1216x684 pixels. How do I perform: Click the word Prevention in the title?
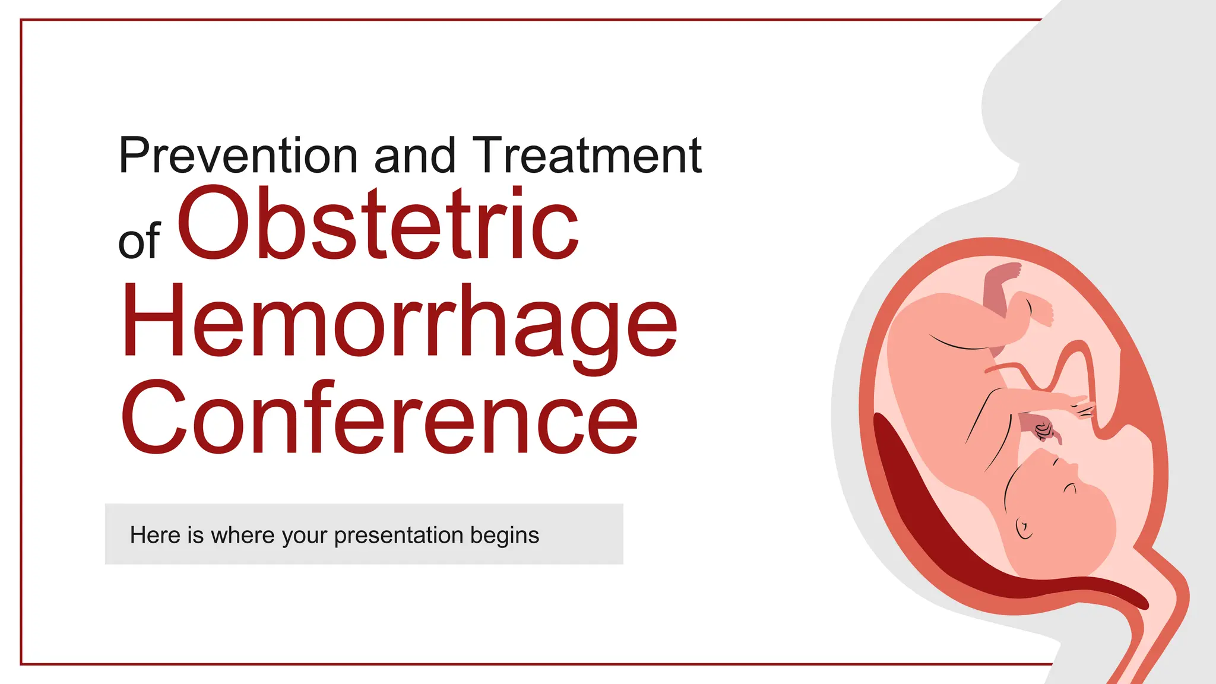pos(237,156)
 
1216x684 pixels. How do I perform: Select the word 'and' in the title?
pos(414,156)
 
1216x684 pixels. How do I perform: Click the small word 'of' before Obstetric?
pos(139,241)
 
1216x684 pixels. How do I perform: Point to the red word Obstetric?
pos(378,224)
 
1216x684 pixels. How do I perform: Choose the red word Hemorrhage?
pos(399,324)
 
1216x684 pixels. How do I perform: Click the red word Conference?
pos(380,419)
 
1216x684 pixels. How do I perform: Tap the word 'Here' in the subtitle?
pos(155,535)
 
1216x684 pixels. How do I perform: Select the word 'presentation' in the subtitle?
pos(398,535)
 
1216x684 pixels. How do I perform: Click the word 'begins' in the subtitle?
pos(505,535)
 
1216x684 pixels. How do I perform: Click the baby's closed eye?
pos(1070,488)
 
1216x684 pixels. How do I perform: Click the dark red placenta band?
pos(926,505)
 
